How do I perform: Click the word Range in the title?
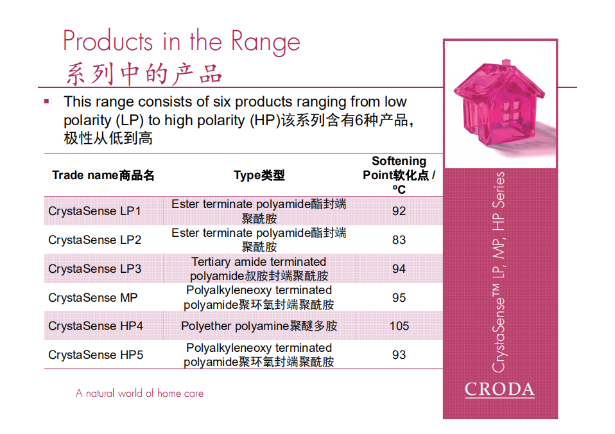tap(266, 42)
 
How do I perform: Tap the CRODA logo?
tap(499, 390)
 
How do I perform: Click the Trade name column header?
tap(103, 175)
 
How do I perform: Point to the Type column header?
tap(259, 175)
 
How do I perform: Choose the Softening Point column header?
tap(399, 175)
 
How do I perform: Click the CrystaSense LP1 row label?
tap(94, 211)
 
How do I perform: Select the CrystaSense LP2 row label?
tap(94, 239)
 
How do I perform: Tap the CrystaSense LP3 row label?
tap(94, 269)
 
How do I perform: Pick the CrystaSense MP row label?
tap(93, 297)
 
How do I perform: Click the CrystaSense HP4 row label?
tap(96, 326)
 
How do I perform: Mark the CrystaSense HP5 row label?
tap(96, 355)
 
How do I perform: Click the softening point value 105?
tap(399, 326)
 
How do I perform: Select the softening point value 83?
tap(399, 239)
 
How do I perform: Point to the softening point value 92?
tap(399, 211)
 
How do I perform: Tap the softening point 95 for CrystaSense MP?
tap(399, 297)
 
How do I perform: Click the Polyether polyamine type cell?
tap(259, 326)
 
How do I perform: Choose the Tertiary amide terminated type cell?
tap(259, 269)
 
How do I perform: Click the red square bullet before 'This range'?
tap(47, 101)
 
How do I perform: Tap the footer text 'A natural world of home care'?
tap(140, 393)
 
